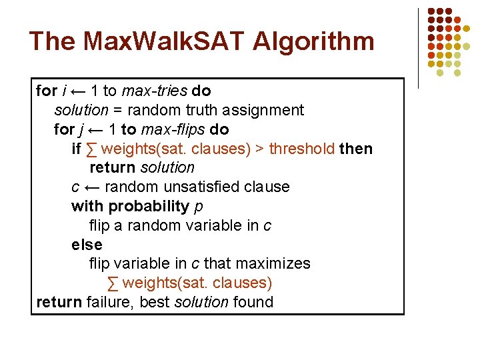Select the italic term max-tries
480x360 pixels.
155,91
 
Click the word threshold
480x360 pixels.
301,149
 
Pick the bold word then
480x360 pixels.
356,149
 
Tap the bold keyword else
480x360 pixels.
87,245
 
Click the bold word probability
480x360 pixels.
149,206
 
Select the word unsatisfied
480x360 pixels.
199,187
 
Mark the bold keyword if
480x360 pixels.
76,149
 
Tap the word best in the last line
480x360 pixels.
155,302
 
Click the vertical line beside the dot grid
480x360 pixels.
419,48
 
